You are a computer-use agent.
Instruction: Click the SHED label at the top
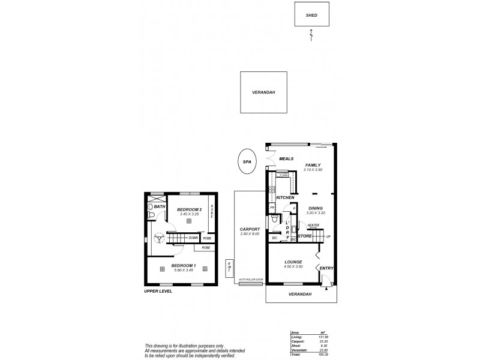pos(311,16)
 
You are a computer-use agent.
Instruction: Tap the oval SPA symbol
pos(245,161)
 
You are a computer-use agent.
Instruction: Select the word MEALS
pos(285,159)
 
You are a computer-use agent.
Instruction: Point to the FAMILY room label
pos(313,165)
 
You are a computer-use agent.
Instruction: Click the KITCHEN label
pos(284,197)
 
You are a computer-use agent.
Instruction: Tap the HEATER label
pos(313,226)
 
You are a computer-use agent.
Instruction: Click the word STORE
pos(305,236)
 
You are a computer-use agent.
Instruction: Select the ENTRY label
pos(328,268)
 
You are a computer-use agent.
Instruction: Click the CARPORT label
pos(249,229)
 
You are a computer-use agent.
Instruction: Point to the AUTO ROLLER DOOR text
pos(251,280)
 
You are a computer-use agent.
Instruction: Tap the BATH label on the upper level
pos(159,206)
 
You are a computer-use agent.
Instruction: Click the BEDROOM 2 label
pos(189,209)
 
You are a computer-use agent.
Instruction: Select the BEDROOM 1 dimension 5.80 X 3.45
pos(183,271)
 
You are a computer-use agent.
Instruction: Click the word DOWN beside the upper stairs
pos(193,238)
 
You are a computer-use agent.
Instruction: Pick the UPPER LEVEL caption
pos(159,291)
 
